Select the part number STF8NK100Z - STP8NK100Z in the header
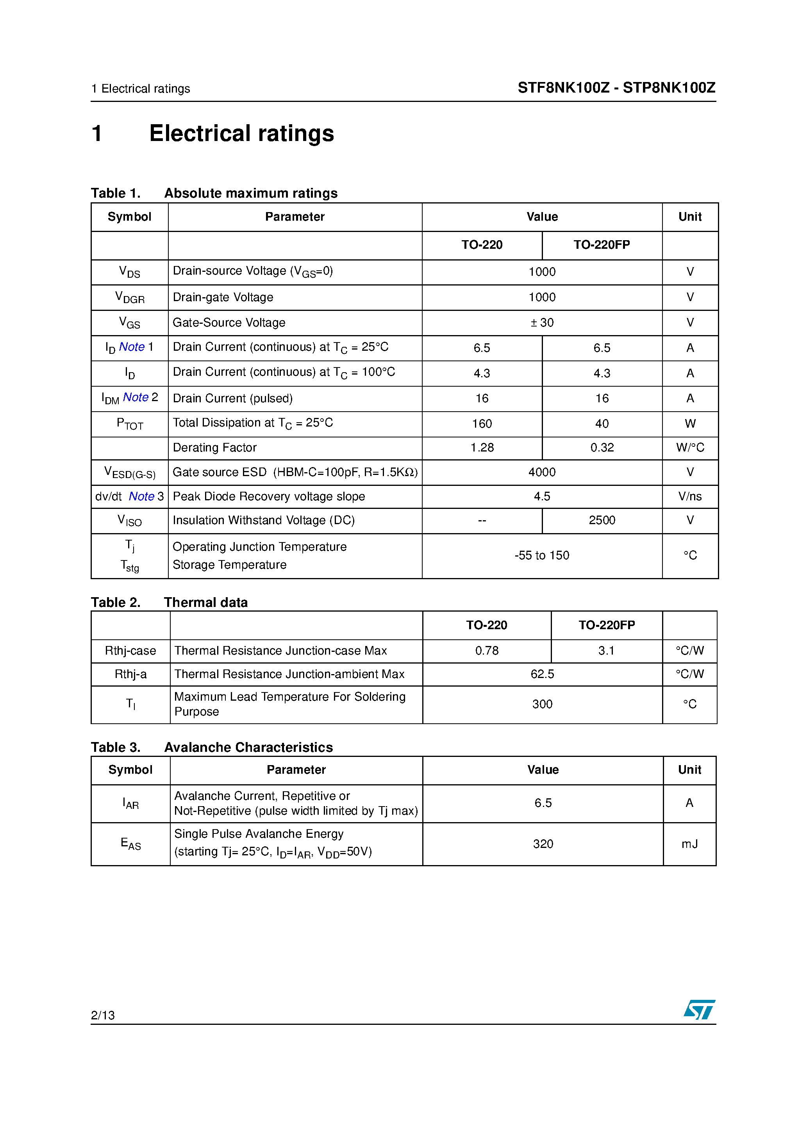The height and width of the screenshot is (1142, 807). tap(616, 87)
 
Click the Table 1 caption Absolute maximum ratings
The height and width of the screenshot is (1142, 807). tap(250, 193)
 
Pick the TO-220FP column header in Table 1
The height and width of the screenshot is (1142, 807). tap(602, 245)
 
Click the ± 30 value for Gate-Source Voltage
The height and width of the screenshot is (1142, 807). tap(542, 323)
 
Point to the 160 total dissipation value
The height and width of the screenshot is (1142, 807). tap(482, 424)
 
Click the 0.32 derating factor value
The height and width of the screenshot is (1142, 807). tap(602, 448)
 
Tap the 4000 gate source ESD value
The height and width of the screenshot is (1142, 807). tap(542, 472)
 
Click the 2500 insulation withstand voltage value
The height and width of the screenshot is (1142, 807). tap(602, 520)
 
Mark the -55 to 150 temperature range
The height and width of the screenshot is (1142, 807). tap(542, 556)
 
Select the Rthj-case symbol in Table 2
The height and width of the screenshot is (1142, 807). tap(130, 651)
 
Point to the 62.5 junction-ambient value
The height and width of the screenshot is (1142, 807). tap(542, 674)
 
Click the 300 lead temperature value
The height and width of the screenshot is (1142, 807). tap(542, 704)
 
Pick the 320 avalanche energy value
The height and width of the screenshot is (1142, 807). tap(543, 844)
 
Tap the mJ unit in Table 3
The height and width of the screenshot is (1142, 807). tap(689, 844)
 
